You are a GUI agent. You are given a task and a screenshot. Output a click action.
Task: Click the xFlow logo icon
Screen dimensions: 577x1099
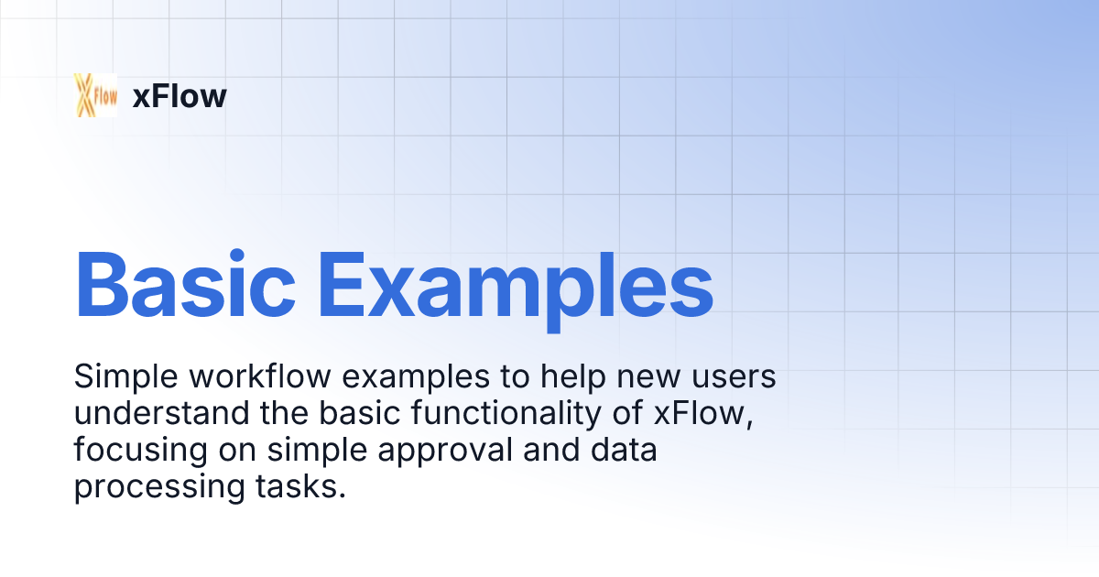point(95,95)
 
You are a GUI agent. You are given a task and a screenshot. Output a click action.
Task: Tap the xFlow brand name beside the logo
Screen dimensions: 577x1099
point(180,96)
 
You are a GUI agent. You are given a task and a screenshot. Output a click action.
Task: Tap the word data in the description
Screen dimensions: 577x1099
point(626,451)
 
